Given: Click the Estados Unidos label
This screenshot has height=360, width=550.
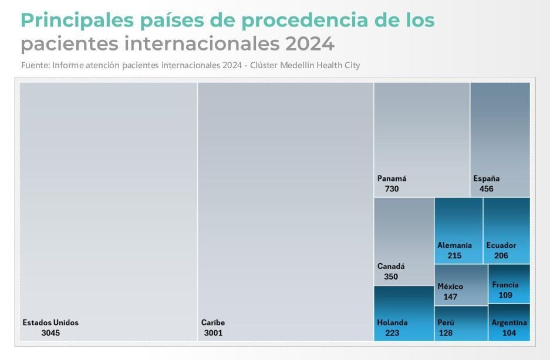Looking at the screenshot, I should [50, 322].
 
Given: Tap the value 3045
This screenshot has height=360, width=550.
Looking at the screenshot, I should [50, 333].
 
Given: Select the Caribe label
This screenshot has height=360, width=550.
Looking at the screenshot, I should [213, 322].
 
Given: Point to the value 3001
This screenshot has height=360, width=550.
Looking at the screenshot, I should [213, 333].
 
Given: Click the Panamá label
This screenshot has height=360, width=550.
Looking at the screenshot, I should [392, 179].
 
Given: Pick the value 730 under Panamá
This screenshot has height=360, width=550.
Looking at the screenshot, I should [392, 189].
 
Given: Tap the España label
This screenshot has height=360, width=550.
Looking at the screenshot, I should [487, 179].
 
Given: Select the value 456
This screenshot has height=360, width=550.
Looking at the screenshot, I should [486, 189].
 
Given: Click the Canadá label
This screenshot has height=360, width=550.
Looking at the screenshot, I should [391, 266].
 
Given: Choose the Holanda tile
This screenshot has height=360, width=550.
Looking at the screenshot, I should [404, 314].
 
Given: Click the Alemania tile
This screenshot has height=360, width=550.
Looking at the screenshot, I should [458, 230].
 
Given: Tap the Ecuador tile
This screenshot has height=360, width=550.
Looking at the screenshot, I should [506, 230].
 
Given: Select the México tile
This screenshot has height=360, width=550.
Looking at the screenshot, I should [461, 285].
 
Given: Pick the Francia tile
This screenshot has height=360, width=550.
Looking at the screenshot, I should [508, 284].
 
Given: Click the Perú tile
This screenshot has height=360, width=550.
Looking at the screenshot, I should [461, 323].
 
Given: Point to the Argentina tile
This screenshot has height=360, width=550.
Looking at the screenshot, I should [508, 322].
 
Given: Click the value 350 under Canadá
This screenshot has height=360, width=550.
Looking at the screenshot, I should [390, 277].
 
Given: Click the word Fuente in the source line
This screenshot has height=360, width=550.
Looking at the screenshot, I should [34, 65].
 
